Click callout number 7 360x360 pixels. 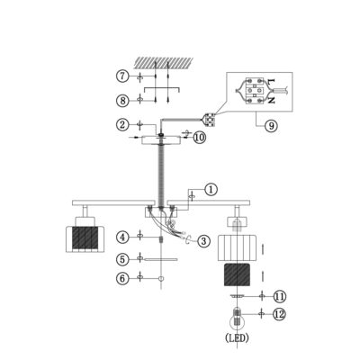[122, 76]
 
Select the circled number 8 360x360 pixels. [122, 101]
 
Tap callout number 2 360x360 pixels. [122, 124]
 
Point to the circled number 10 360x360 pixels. [199, 138]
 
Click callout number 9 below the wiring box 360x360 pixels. [272, 126]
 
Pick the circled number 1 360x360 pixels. [211, 190]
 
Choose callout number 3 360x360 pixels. [203, 240]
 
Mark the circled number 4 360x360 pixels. [122, 238]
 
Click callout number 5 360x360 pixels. [122, 259]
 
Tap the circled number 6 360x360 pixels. [122, 278]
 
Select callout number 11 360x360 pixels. [280, 297]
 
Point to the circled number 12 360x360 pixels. [280, 314]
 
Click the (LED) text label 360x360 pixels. [237, 338]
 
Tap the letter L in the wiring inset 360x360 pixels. [271, 81]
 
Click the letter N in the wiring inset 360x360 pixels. [271, 101]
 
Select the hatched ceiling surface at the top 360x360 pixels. [162, 62]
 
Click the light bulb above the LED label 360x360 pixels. [238, 319]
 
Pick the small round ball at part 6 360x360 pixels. [161, 279]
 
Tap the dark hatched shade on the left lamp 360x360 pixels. [85, 238]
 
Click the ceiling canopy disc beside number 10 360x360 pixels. [161, 140]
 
